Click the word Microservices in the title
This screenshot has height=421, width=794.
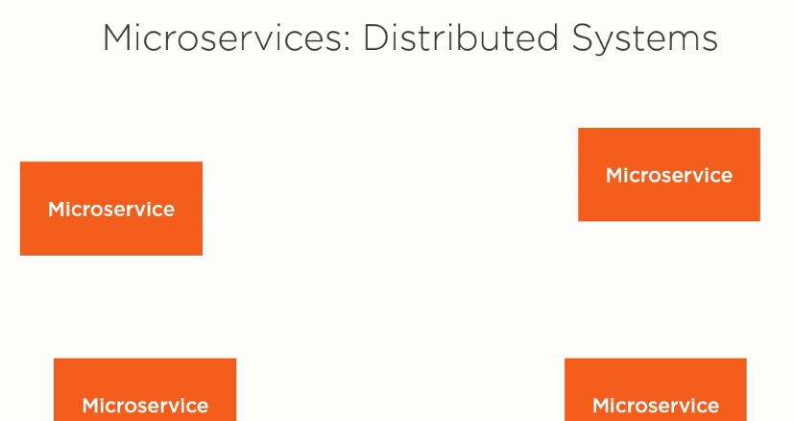223,38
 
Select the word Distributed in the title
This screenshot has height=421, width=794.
461,38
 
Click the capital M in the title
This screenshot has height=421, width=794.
118,38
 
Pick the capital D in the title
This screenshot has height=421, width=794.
375,38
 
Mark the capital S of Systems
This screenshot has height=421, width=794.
583,38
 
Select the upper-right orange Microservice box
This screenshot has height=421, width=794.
669,175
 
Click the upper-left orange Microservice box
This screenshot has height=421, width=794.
111,209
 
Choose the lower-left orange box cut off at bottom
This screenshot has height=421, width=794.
145,389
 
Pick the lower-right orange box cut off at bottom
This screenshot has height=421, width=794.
655,389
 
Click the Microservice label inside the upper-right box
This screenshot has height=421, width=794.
669,175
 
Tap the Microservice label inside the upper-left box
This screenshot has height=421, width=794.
111,209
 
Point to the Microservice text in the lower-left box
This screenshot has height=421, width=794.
145,406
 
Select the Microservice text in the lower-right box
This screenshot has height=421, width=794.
656,406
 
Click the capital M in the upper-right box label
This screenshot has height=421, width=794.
614,176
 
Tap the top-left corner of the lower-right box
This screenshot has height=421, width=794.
565,359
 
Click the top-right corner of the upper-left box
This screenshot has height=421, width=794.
203,161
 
